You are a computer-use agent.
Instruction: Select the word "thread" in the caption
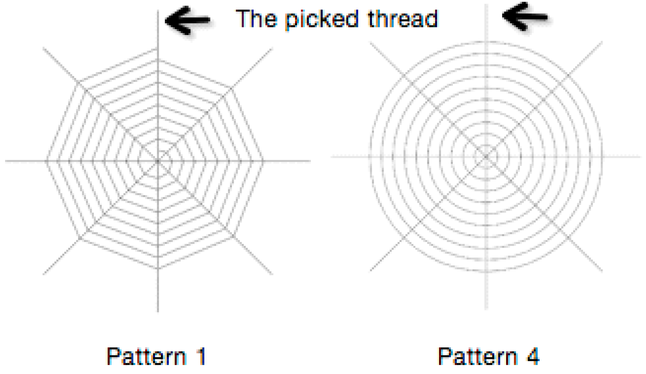tap(403, 19)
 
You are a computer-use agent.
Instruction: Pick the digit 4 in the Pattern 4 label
tap(533, 356)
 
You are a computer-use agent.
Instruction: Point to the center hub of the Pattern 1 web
tap(158, 161)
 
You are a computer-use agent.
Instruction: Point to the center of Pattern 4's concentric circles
tap(486, 157)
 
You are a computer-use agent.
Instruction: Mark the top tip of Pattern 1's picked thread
tap(158, 11)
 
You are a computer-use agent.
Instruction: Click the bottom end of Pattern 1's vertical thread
tap(158, 311)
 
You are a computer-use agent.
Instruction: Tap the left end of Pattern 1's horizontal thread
tap(6, 161)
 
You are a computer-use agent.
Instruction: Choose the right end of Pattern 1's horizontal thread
tap(310, 161)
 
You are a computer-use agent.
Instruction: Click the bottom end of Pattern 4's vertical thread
tap(486, 308)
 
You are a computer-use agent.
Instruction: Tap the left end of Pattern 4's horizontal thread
tap(332, 157)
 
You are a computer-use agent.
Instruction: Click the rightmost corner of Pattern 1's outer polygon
tap(263, 161)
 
